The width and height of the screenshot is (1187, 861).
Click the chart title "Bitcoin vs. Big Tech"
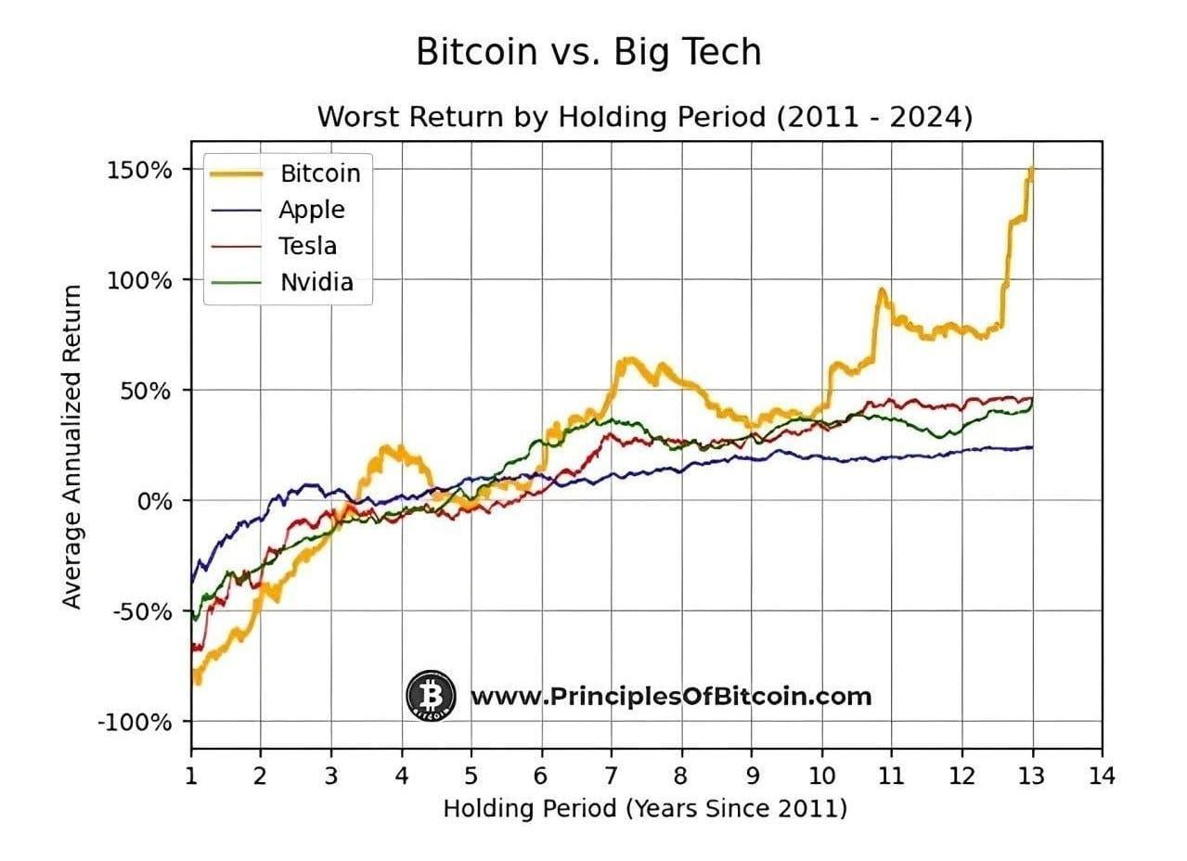588,52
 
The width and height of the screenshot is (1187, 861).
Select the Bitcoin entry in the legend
319,173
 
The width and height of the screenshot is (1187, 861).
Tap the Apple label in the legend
311,210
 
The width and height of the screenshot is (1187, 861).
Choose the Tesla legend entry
307,246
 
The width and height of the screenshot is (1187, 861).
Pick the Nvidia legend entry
316,283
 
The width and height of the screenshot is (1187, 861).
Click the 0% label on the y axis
156,501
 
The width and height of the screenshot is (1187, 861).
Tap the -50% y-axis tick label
144,611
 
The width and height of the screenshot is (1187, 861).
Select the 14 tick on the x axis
1102,774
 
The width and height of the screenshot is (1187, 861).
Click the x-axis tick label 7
612,774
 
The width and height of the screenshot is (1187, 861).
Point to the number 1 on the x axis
191,774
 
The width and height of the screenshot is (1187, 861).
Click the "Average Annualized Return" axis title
72,446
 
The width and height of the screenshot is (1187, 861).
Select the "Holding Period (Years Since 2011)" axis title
645,808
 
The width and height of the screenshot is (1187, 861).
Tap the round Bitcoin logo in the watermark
431,696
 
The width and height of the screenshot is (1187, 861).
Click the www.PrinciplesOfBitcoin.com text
671,696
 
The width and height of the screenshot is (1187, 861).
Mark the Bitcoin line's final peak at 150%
1031,170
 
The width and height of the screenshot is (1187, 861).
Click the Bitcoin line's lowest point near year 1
197,682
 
